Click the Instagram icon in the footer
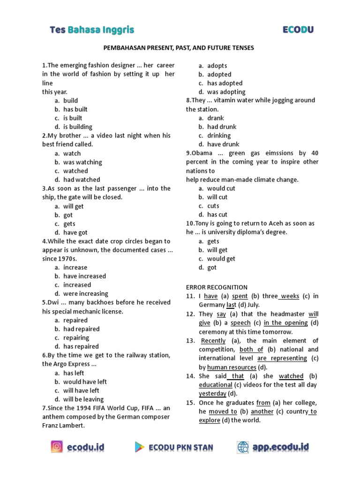(57, 447)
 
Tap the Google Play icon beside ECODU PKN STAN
(140, 447)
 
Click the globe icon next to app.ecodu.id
(243, 447)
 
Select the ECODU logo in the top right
(298, 30)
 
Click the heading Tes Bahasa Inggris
(92, 30)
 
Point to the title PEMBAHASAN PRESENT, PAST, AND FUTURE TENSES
(179, 48)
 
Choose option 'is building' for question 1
(78, 127)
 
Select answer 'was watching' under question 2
(82, 162)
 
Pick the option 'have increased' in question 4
(84, 276)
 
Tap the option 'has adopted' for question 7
(225, 83)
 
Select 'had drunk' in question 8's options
(222, 127)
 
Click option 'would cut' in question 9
(221, 188)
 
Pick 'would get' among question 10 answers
(221, 259)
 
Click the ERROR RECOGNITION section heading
(217, 287)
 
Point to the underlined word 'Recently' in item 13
(213, 341)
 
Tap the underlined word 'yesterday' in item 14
(212, 393)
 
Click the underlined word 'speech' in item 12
(240, 323)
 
